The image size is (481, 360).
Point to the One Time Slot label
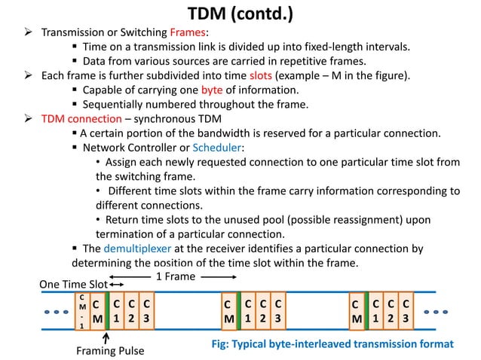pyautogui.click(x=73, y=284)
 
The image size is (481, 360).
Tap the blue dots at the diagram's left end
pyautogui.click(x=54, y=311)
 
